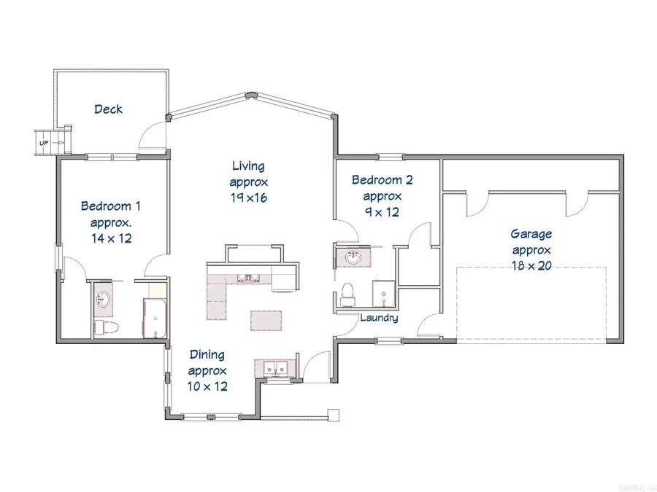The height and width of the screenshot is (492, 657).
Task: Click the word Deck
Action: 108,109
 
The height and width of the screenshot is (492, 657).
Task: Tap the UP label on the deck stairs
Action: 44,143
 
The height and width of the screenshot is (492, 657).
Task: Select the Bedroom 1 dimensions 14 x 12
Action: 111,238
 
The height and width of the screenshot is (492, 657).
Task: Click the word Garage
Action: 531,234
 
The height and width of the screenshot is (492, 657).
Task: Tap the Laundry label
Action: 379,318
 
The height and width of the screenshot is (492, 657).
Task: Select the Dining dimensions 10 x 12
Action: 207,386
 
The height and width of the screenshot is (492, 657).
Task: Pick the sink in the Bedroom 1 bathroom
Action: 104,298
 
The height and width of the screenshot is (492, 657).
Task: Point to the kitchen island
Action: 266,321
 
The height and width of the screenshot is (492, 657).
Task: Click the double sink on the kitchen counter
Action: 275,368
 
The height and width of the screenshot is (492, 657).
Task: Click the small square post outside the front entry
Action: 334,415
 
